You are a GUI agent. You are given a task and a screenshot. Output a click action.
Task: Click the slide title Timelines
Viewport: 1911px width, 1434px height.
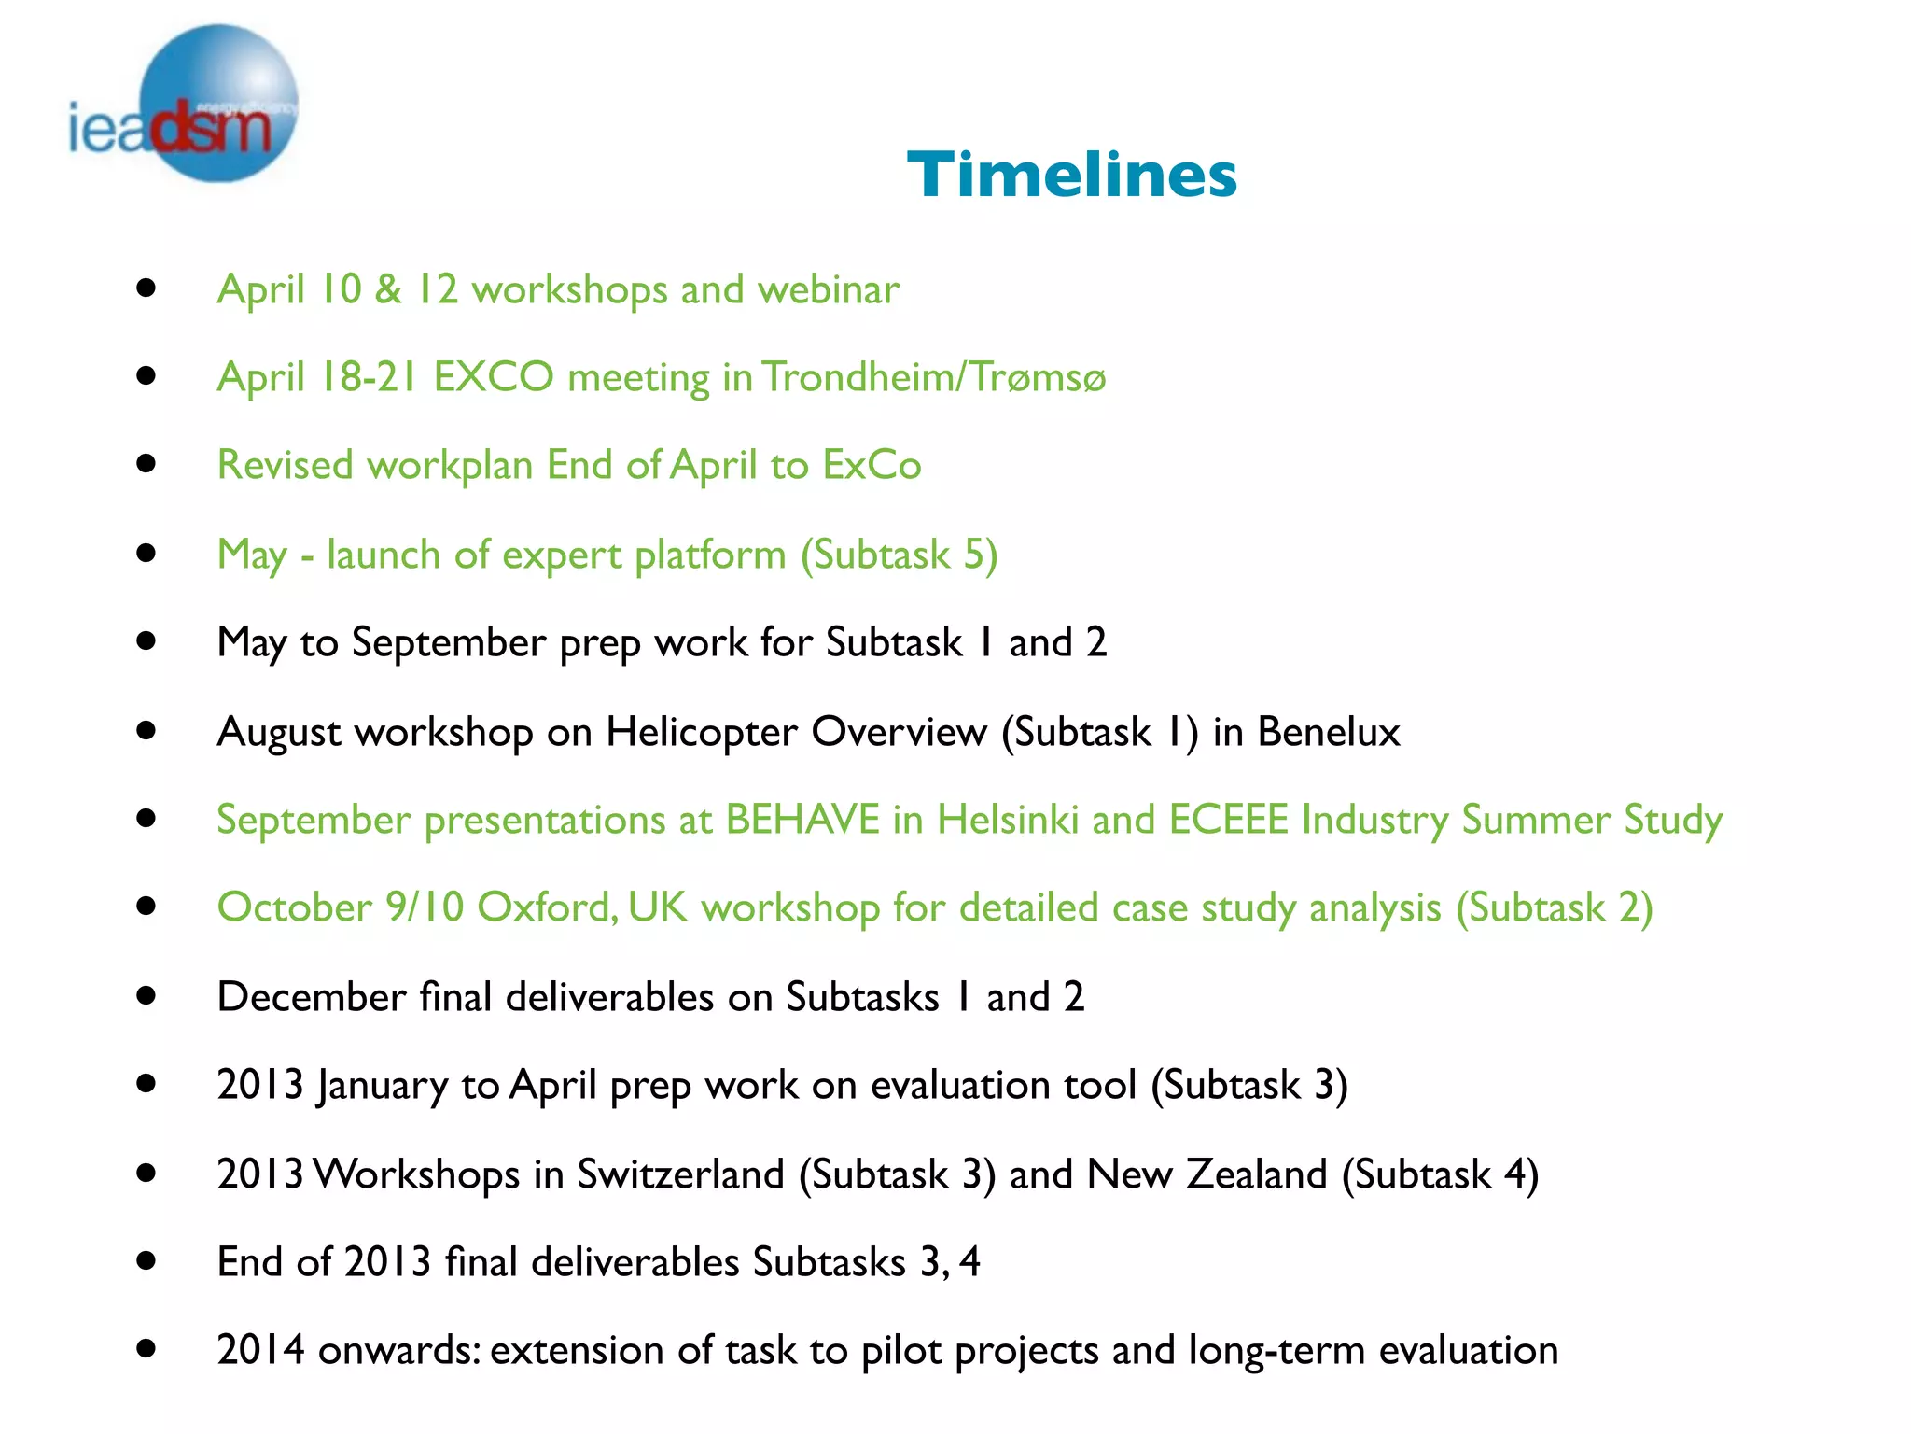coord(1071,175)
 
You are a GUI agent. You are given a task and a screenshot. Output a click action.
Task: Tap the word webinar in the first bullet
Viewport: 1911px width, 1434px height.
coord(828,289)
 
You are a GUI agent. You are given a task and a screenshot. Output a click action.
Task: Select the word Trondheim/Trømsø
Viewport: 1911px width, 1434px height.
coord(933,377)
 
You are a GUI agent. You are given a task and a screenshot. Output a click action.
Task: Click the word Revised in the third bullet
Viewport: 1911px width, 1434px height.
coord(285,465)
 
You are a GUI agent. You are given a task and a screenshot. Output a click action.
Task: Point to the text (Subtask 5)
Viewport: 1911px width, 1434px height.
coord(899,555)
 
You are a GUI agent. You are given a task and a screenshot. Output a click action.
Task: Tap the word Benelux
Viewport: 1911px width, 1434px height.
coord(1328,731)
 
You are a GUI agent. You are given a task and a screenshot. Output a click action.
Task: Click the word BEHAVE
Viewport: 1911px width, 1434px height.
coord(802,820)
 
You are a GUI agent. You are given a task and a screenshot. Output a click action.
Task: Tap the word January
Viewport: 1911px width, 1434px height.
coord(382,1086)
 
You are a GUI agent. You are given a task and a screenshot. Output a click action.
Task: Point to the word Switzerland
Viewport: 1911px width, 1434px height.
coord(680,1174)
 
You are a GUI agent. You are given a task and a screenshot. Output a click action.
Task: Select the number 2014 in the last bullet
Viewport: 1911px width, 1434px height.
coord(260,1350)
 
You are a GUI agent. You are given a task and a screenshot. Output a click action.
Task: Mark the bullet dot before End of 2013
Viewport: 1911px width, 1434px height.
coord(146,1261)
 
